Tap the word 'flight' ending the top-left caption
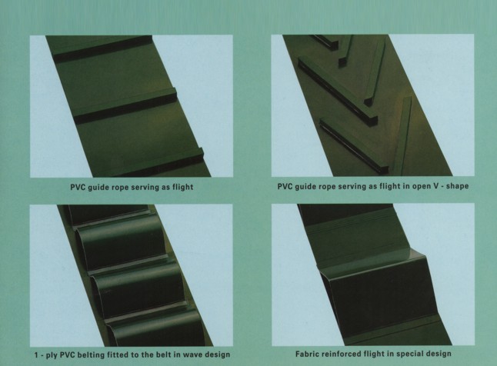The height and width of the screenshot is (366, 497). coord(182,187)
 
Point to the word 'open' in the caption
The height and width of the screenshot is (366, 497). coord(421,187)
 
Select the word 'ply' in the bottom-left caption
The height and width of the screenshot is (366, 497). coord(52,355)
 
